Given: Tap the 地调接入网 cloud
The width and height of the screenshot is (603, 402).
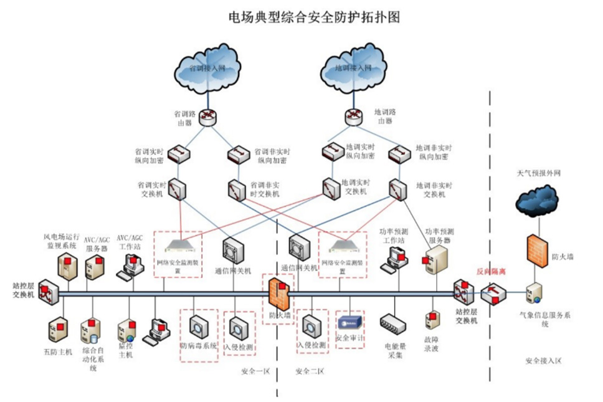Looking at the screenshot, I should click(352, 66).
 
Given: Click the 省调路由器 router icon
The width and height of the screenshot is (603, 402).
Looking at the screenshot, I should click(206, 117).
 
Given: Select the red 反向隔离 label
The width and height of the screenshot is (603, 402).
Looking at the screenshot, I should click(490, 272).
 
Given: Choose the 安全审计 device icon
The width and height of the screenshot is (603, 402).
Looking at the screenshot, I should click(349, 323).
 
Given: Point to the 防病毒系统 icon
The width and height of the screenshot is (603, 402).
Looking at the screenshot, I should click(199, 327).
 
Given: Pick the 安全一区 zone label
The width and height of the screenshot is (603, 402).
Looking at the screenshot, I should click(255, 372).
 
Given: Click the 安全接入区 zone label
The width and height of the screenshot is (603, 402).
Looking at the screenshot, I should click(544, 361).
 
